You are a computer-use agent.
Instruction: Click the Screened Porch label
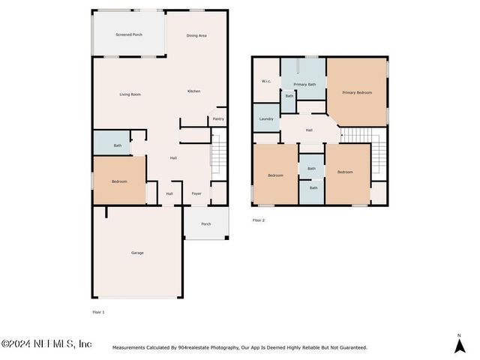pos(129,34)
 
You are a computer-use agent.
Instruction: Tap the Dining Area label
pos(196,35)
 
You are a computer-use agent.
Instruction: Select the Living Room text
pos(130,94)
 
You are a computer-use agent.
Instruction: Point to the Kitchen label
pos(193,91)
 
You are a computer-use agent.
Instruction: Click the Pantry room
pos(218,117)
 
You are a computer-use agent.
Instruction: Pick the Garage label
pos(137,253)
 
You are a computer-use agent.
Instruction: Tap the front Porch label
pos(206,224)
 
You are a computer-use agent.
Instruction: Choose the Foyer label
pos(196,193)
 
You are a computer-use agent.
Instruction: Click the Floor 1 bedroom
pos(119,180)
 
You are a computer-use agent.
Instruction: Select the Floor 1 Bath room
pos(112,143)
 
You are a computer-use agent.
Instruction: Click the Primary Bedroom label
pos(357,92)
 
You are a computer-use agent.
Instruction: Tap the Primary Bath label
pos(304,85)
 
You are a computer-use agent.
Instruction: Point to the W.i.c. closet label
pos(266,81)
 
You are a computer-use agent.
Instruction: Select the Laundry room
pos(266,118)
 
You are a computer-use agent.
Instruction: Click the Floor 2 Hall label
pos(309,130)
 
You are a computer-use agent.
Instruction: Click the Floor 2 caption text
pos(259,220)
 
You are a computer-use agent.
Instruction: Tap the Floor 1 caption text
pos(98,312)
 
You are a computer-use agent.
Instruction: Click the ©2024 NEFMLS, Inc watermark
pos(46,343)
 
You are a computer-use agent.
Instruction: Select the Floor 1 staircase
pos(219,154)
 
